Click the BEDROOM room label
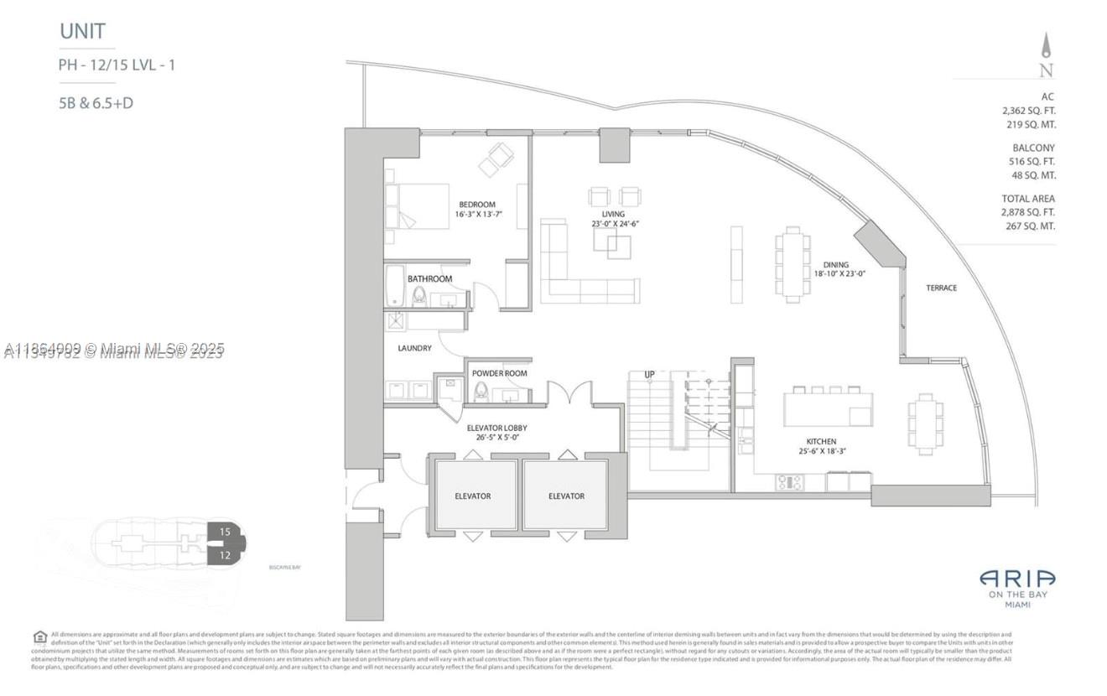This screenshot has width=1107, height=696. click(x=476, y=205)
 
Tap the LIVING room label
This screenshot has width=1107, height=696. click(x=613, y=214)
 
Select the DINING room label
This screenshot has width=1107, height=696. click(x=835, y=265)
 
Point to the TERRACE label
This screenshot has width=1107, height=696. click(x=941, y=288)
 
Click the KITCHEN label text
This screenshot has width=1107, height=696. click(x=822, y=441)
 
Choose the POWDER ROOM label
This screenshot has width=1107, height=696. click(x=499, y=373)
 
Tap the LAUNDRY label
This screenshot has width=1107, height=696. click(x=415, y=348)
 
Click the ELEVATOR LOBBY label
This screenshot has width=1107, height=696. click(x=496, y=428)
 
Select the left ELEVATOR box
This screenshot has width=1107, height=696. click(x=473, y=496)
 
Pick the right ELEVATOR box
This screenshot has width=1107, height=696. click(x=566, y=496)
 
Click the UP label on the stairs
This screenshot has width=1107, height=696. click(x=649, y=375)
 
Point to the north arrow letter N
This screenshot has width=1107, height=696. click(x=1046, y=71)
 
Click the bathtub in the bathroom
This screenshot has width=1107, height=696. click(x=394, y=287)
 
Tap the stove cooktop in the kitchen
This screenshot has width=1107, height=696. click(x=790, y=482)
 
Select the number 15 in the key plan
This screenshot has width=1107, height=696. click(x=225, y=532)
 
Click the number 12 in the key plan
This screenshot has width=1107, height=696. click(x=225, y=554)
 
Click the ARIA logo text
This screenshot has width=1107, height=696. click(x=1017, y=579)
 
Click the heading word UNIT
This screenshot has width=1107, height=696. click(x=82, y=32)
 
